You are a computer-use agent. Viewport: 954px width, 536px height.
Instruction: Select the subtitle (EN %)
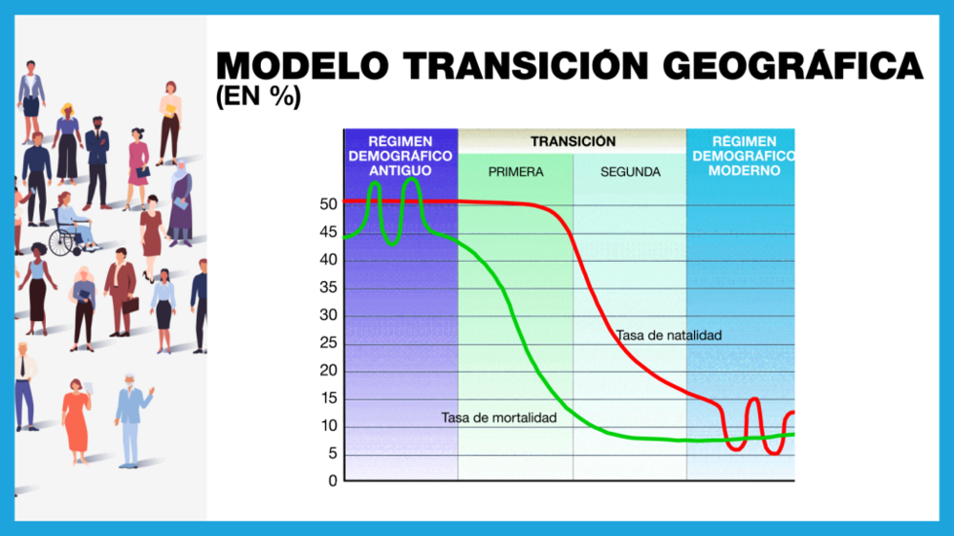point(258,97)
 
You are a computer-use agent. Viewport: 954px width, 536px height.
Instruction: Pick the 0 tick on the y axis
point(332,481)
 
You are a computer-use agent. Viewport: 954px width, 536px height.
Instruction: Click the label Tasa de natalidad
point(668,336)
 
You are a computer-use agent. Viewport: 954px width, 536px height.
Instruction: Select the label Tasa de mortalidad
point(498,418)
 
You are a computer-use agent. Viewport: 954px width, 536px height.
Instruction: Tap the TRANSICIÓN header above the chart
point(572,142)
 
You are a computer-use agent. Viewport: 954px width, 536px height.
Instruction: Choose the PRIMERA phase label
point(516,172)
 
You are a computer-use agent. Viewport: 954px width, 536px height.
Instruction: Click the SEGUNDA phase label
point(630,172)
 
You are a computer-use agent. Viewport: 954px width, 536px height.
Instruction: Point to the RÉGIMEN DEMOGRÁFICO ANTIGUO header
point(399,156)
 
